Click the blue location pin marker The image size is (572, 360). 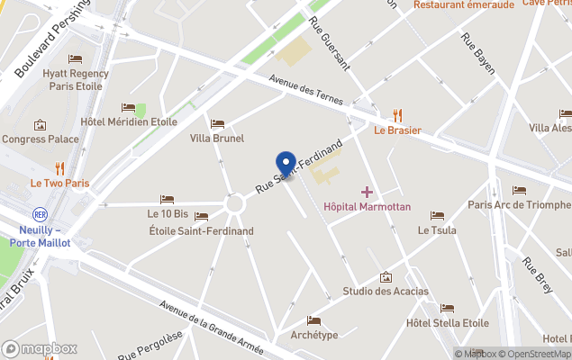286,165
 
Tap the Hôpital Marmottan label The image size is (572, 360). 367,207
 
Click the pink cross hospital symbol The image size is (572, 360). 367,192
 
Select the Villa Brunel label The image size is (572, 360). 217,139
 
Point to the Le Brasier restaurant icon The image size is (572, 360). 398,114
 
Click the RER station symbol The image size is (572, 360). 39,215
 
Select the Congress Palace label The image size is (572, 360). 41,139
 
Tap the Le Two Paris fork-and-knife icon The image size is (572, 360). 60,167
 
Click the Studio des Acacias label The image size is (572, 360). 386,292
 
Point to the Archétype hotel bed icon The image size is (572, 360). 313,320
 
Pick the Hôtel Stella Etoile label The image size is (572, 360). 448,323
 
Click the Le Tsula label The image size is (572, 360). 437,230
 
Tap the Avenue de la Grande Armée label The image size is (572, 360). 212,328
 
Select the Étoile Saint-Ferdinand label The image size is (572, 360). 201,231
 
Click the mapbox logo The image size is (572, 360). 40,348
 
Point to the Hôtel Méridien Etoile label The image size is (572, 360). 129,121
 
